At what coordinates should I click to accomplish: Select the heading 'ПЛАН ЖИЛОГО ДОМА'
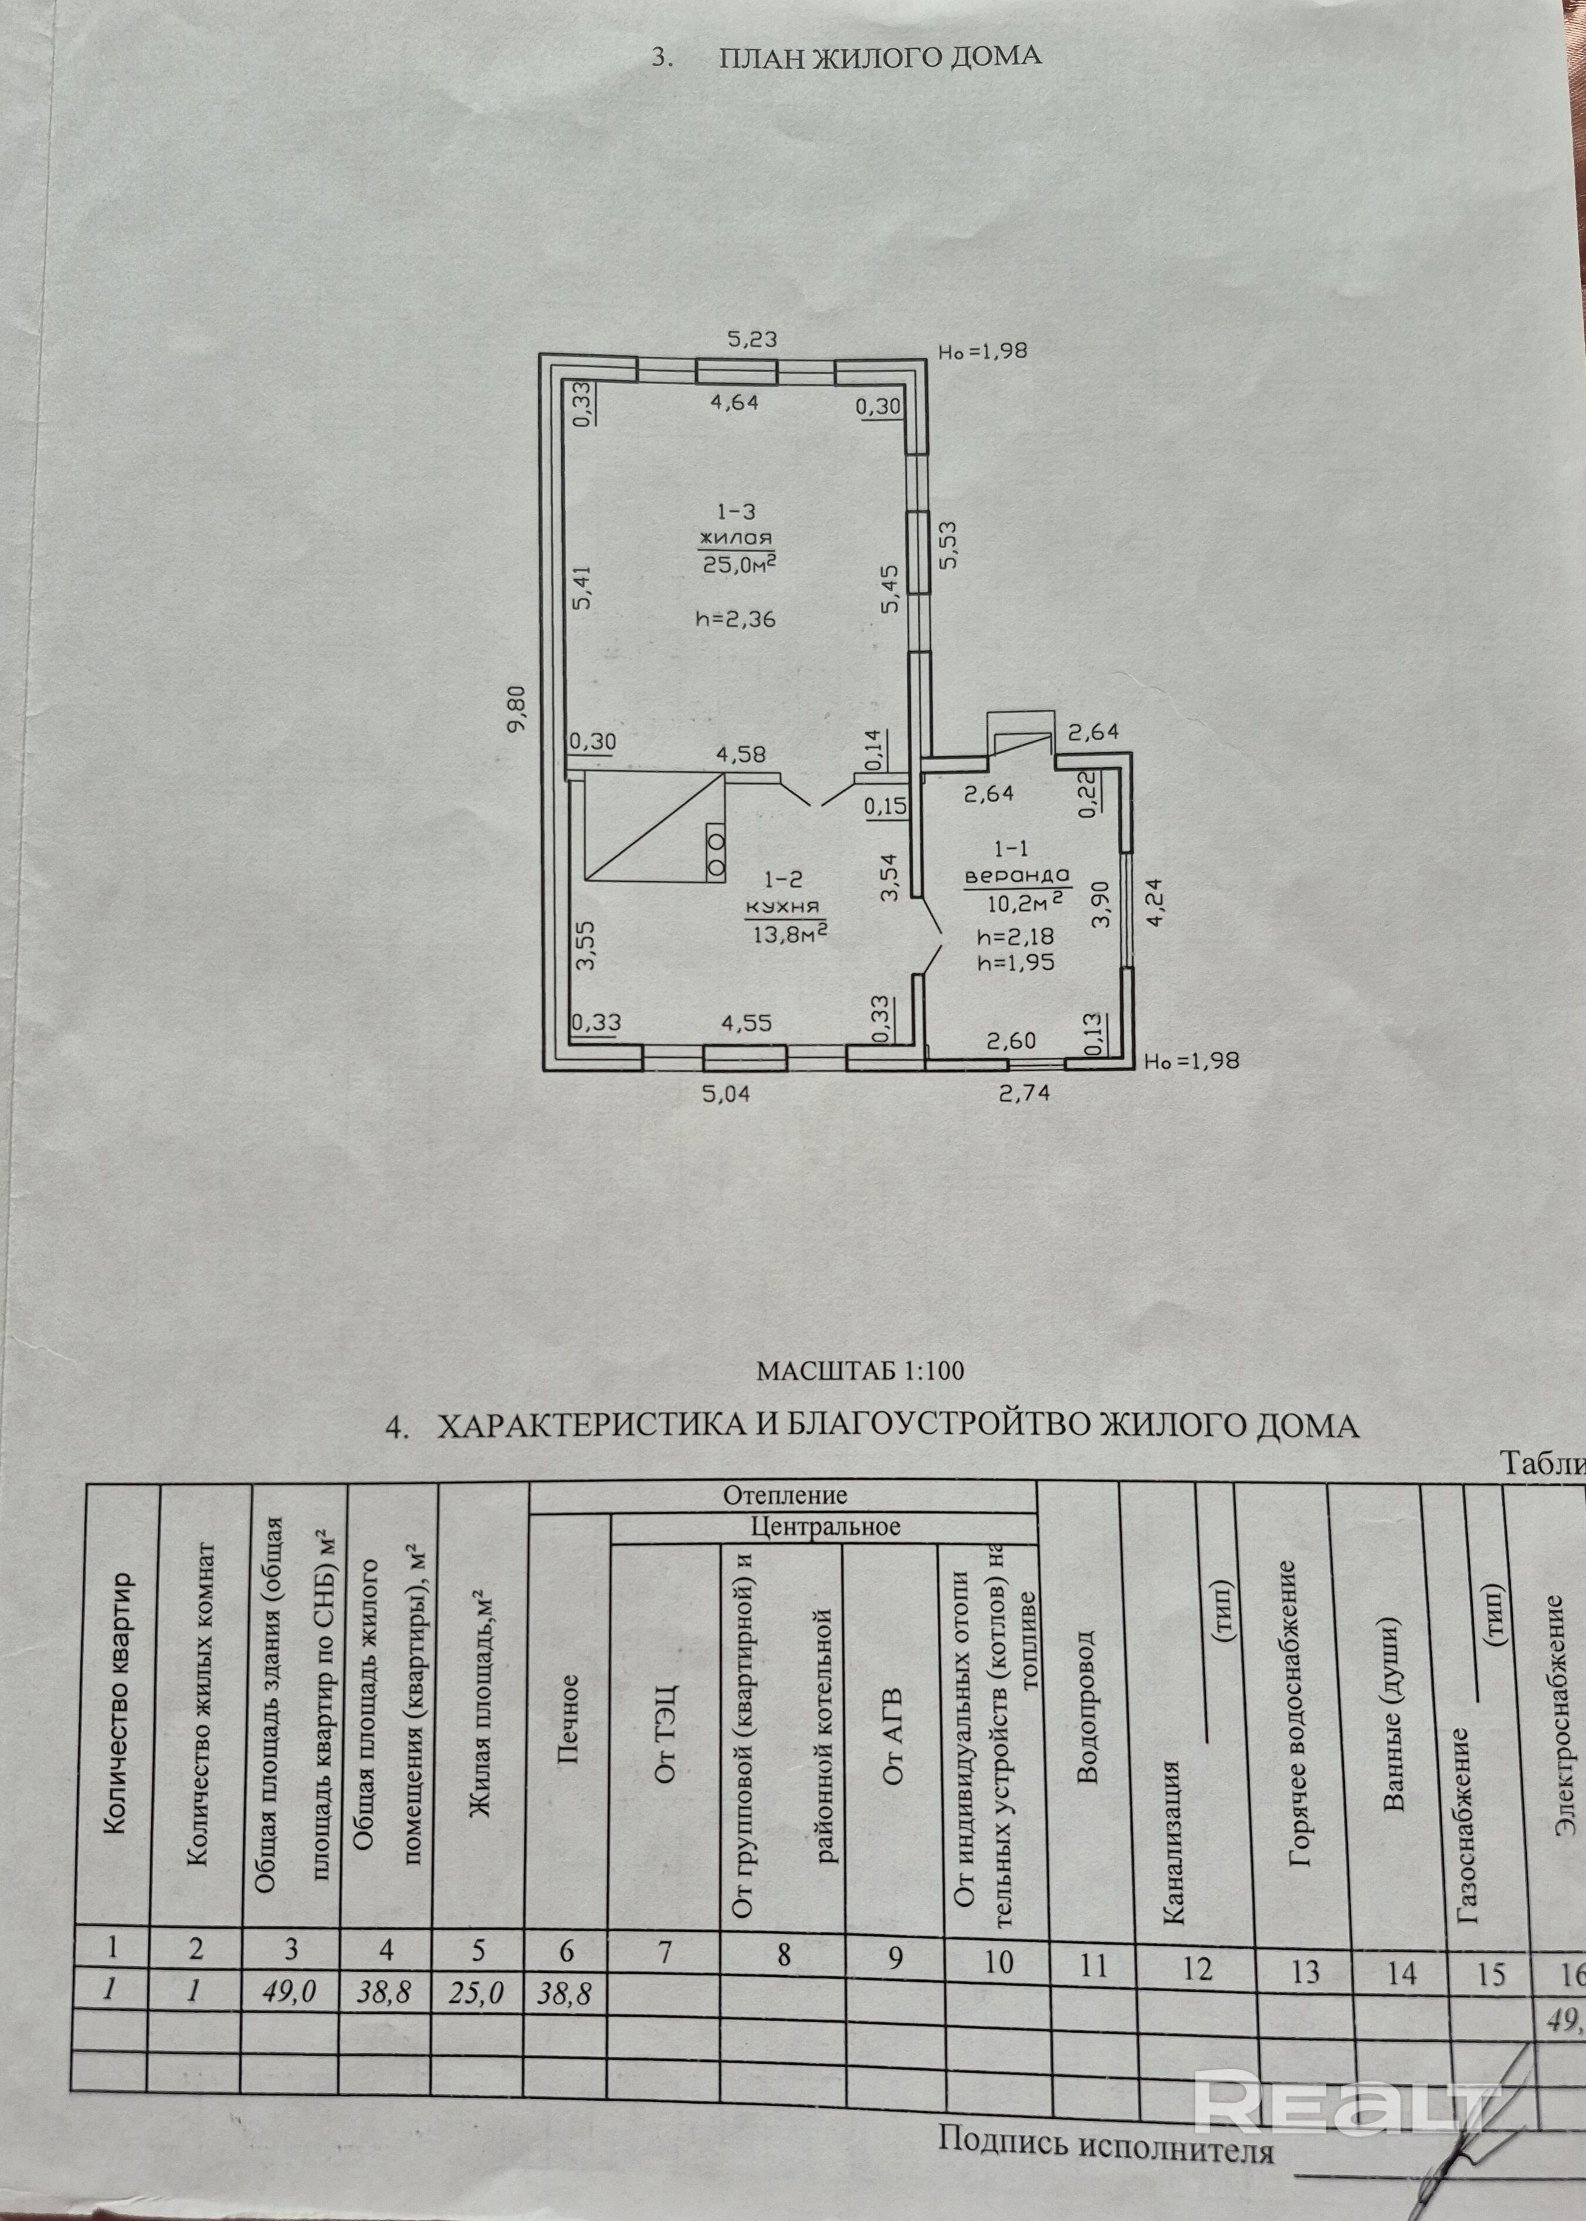tap(879, 57)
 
